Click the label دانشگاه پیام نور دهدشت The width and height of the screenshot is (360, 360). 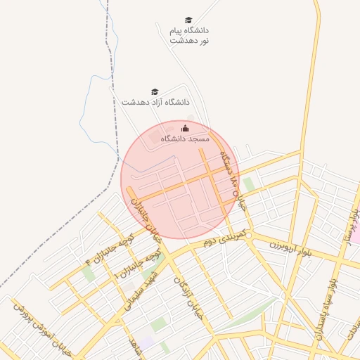[x=189, y=36]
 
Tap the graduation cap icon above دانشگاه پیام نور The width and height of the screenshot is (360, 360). [x=188, y=20]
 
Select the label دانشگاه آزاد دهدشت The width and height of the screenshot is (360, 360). [x=155, y=103]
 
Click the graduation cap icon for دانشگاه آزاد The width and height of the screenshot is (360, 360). [x=155, y=91]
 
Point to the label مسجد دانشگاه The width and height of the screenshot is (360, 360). [x=185, y=139]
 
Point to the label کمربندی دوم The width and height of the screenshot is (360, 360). [x=223, y=237]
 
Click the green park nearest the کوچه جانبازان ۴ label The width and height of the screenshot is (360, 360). [x=89, y=273]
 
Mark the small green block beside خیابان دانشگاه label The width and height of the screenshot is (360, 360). [x=248, y=184]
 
